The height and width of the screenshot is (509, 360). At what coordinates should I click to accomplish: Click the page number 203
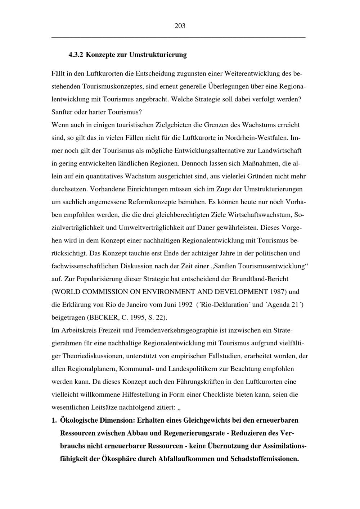coord(180,26)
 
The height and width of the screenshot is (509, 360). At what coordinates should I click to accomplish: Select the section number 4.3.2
coord(76,55)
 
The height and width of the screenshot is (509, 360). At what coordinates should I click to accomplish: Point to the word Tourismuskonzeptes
coord(114,87)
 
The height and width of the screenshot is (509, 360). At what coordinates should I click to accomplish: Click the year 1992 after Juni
coord(185,305)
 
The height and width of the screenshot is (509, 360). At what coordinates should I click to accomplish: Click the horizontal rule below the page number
coord(179,37)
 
